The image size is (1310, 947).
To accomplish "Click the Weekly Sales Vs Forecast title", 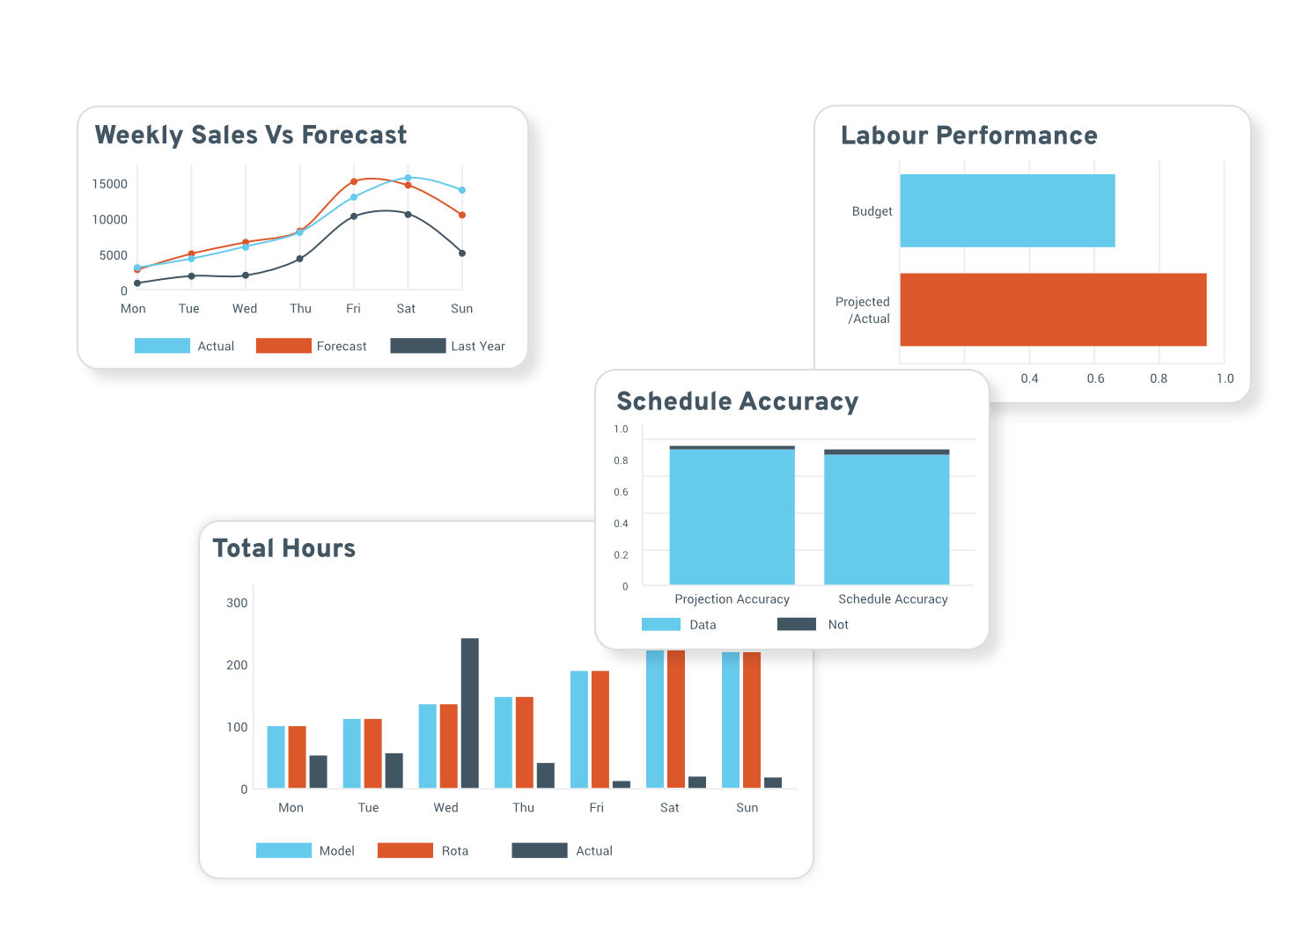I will (251, 135).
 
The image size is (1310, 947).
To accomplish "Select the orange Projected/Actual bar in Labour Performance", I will (1053, 309).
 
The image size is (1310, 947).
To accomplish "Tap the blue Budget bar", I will (1007, 210).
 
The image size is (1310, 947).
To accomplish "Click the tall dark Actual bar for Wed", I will (470, 713).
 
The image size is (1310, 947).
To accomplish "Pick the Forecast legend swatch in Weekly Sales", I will (283, 346).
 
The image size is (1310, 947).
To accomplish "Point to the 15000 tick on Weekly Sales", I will (110, 184).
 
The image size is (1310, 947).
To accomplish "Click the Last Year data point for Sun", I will (462, 253).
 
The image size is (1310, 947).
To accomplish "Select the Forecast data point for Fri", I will (354, 182).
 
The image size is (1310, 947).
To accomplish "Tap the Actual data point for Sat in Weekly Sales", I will (408, 178).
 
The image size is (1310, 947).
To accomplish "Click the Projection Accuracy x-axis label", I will (732, 599).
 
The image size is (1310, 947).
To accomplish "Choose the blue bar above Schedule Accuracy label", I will (887, 519).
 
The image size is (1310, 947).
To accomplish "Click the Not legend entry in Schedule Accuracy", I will (838, 625).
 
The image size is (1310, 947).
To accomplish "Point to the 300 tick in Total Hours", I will (237, 603).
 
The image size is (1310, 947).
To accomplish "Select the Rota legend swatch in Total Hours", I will (405, 850).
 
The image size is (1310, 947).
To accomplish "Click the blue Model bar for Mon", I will (276, 757).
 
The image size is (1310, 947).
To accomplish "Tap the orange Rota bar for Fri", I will (600, 729).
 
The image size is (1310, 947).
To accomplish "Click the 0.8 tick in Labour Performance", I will (1159, 378).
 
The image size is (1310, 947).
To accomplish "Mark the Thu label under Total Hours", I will (523, 808).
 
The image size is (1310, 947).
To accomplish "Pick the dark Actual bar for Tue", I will (394, 770).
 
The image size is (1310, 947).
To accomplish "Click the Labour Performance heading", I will (968, 136).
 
